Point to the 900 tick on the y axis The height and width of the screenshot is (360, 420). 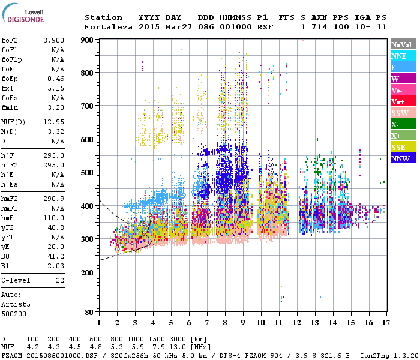pyautogui.click(x=88, y=40)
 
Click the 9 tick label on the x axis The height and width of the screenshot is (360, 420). pyautogui.click(x=242, y=322)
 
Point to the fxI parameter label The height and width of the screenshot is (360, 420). pyautogui.click(x=8, y=88)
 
